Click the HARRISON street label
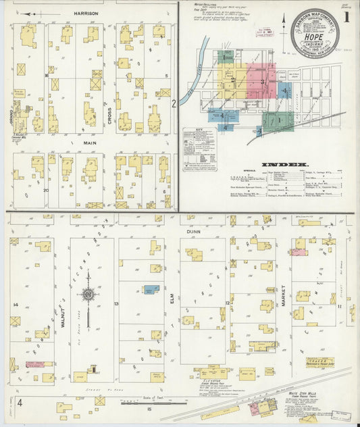(x=86, y=13)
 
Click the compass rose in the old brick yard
(x=88, y=295)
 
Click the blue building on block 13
(x=152, y=289)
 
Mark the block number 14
(x=15, y=305)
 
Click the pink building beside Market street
(x=298, y=252)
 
